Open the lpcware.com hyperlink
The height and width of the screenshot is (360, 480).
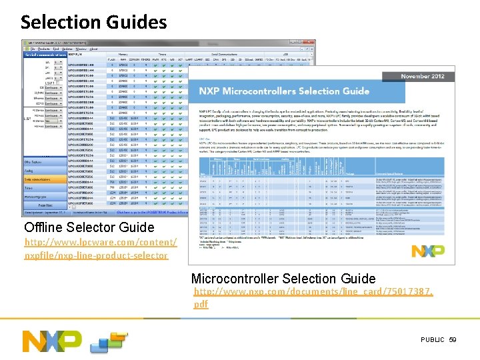coord(100,248)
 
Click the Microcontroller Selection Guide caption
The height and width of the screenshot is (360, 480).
coord(283,279)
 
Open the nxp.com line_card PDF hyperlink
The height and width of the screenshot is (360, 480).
coord(313,297)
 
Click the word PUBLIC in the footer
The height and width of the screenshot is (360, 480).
coord(432,340)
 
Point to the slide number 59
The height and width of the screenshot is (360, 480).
coord(453,340)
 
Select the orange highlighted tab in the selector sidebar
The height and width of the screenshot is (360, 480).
coord(45,179)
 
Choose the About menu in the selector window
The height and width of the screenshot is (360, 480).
coord(94,49)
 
